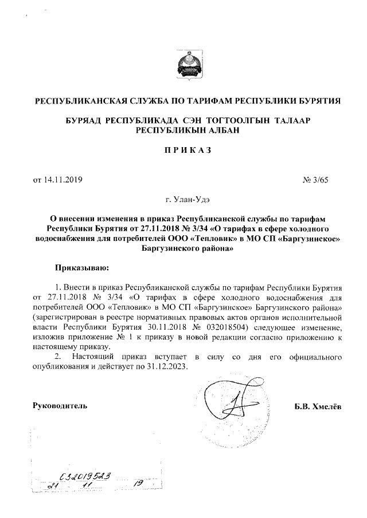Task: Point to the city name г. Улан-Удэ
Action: [x=183, y=200]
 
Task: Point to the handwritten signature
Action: [x=229, y=404]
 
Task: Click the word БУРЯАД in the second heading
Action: [x=84, y=121]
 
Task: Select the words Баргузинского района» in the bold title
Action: [x=183, y=249]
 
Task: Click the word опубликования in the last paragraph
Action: [x=61, y=367]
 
